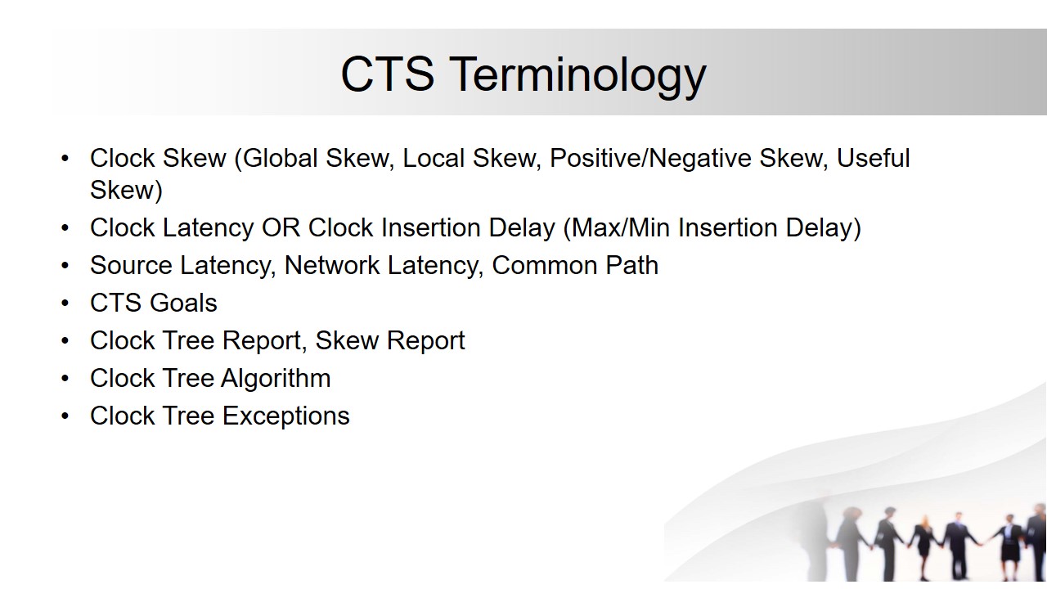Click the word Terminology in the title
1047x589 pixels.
pos(579,76)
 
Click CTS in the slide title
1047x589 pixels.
pos(388,74)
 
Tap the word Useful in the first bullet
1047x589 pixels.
pos(873,158)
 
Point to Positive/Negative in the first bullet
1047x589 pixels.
pos(650,159)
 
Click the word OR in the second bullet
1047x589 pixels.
pos(281,227)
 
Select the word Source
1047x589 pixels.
pos(132,266)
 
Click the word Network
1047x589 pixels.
pos(332,266)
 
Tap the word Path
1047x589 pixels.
pos(632,266)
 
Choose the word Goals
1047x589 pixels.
pos(183,303)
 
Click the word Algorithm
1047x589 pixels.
pos(276,379)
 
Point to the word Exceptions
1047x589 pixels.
pos(286,416)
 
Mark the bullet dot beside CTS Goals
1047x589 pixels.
pos(65,303)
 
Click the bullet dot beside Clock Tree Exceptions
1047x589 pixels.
pos(65,416)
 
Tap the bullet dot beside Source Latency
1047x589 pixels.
pos(65,266)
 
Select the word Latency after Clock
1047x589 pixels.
pos(208,228)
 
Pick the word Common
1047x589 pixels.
pos(545,266)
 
